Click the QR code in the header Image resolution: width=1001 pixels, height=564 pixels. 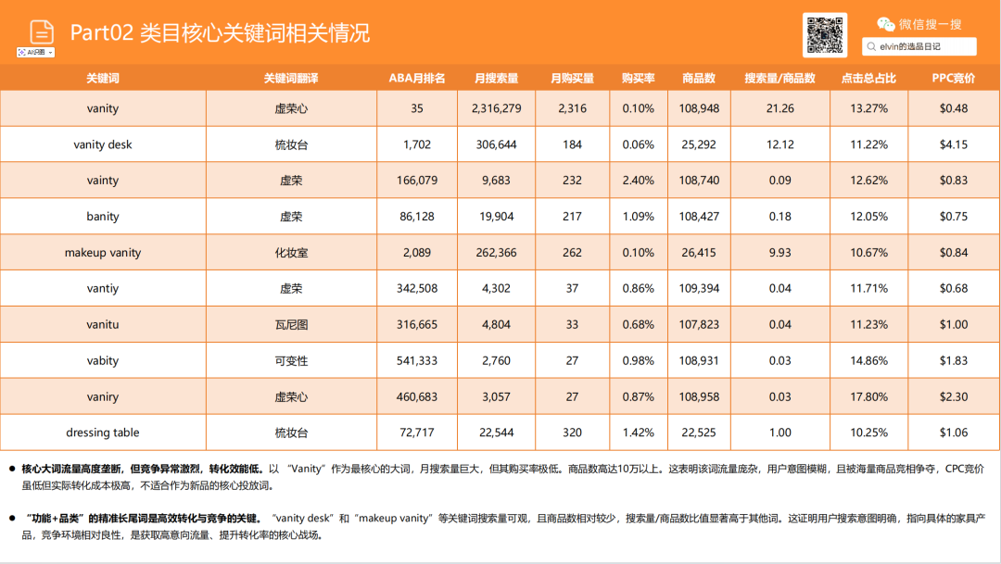825,35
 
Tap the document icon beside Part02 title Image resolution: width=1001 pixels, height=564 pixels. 41,31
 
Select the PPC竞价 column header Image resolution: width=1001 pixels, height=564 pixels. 954,78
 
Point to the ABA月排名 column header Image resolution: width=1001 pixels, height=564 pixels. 417,78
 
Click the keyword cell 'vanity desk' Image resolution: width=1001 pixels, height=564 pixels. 103,144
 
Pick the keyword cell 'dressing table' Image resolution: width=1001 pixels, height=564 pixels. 103,432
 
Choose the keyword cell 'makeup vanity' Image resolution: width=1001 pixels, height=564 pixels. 103,253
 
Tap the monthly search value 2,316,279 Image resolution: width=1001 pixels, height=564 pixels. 496,108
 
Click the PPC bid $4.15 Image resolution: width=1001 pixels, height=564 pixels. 954,144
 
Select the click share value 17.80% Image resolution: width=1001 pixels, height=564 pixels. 868,396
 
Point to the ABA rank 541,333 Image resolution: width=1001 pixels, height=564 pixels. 417,360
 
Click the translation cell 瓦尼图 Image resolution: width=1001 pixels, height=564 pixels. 291,324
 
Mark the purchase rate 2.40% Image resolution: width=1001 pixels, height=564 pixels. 638,181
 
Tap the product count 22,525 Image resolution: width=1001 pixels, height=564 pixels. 699,432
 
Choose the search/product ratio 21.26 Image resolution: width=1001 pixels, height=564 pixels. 779,108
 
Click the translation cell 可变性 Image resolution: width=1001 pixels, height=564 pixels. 291,360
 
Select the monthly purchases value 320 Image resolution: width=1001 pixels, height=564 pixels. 572,432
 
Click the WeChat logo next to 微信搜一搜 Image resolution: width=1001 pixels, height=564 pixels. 886,24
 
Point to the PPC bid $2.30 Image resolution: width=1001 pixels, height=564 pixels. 954,396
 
